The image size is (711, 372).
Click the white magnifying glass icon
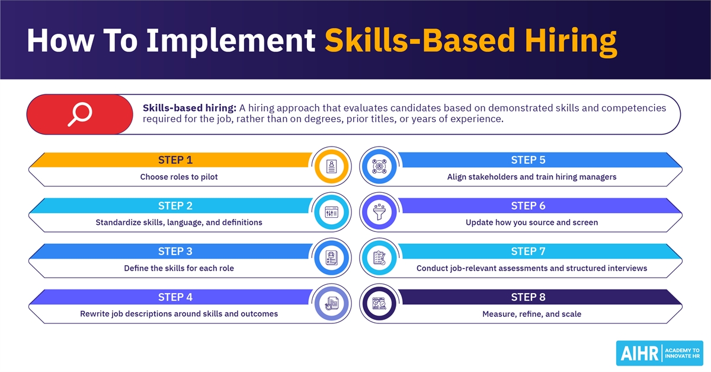[79, 114]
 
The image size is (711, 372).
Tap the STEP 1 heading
[175, 160]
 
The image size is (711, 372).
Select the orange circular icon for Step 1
[331, 166]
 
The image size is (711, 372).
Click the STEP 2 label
[175, 206]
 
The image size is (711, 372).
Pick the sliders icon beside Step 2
[331, 212]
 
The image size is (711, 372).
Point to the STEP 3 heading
[175, 251]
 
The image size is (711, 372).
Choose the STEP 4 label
[175, 297]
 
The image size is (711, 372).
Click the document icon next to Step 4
[331, 303]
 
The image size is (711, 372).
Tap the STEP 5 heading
[528, 160]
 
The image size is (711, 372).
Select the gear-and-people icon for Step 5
[379, 166]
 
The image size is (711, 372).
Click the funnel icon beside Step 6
[379, 212]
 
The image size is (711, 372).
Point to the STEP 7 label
[528, 251]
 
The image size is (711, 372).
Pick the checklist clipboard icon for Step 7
[379, 258]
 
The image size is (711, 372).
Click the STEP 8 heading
[528, 297]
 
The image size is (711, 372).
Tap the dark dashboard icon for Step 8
[379, 303]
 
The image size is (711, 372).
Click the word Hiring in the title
[571, 41]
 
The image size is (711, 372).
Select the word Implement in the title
[230, 41]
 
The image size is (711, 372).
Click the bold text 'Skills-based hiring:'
[190, 108]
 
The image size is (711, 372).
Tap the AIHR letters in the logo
[639, 353]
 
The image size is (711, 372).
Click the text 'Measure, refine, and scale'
[531, 314]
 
